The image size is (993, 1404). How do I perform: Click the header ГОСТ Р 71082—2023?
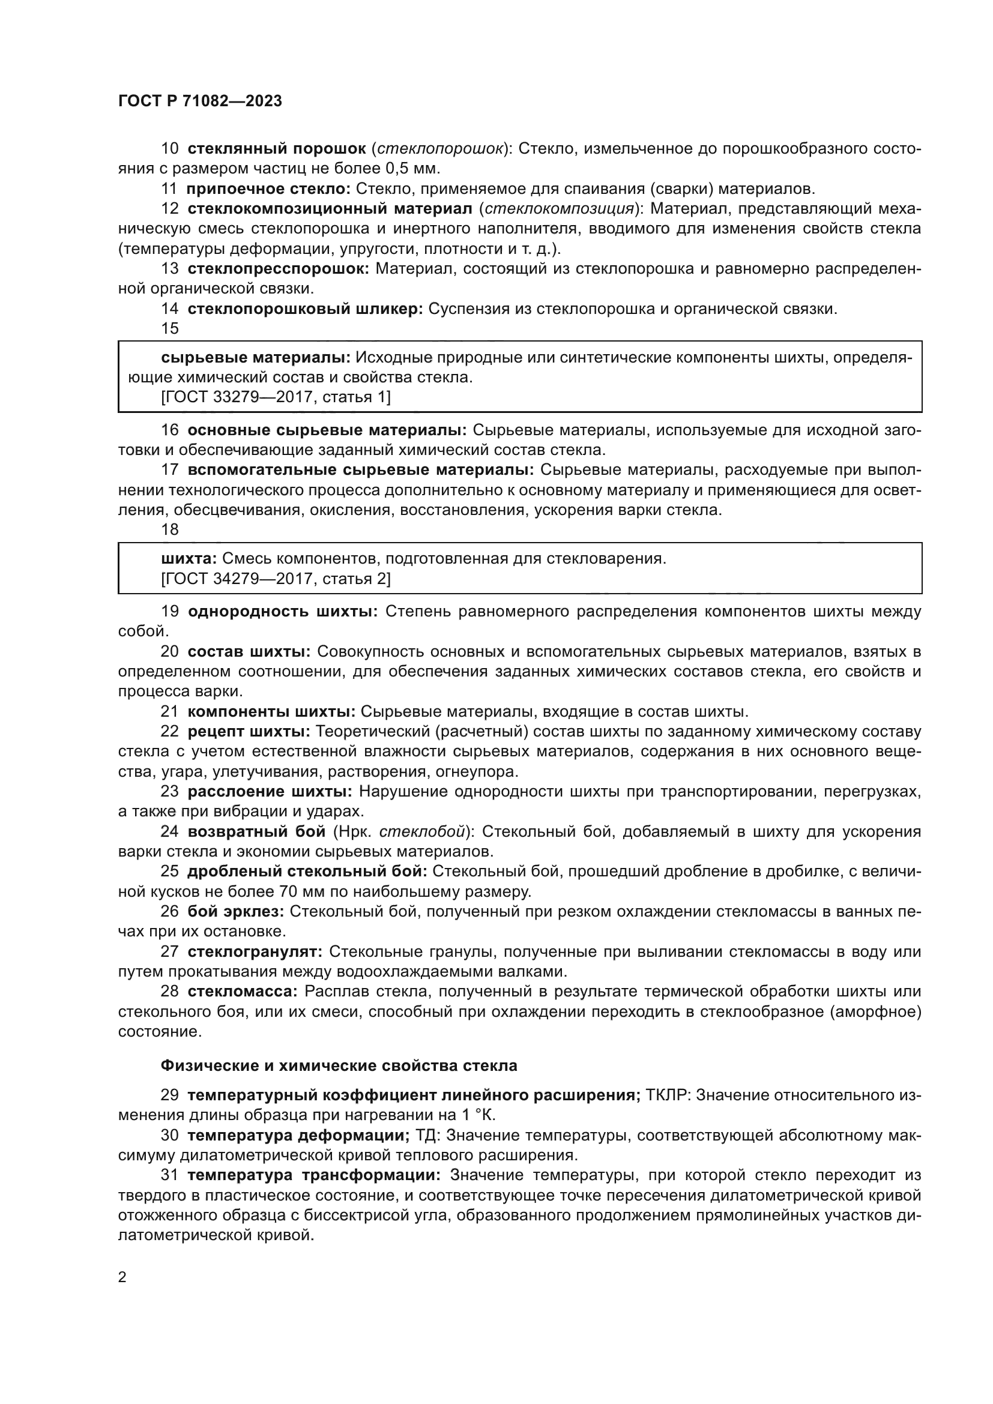tap(200, 101)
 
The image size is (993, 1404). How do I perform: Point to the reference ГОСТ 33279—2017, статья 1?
tap(276, 397)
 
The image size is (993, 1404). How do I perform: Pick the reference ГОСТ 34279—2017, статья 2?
tap(276, 579)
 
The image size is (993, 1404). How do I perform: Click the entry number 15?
tap(169, 328)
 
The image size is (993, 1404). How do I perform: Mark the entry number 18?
tap(169, 529)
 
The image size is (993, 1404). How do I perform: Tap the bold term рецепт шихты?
tap(249, 731)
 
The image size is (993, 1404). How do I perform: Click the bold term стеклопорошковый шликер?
tap(305, 309)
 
